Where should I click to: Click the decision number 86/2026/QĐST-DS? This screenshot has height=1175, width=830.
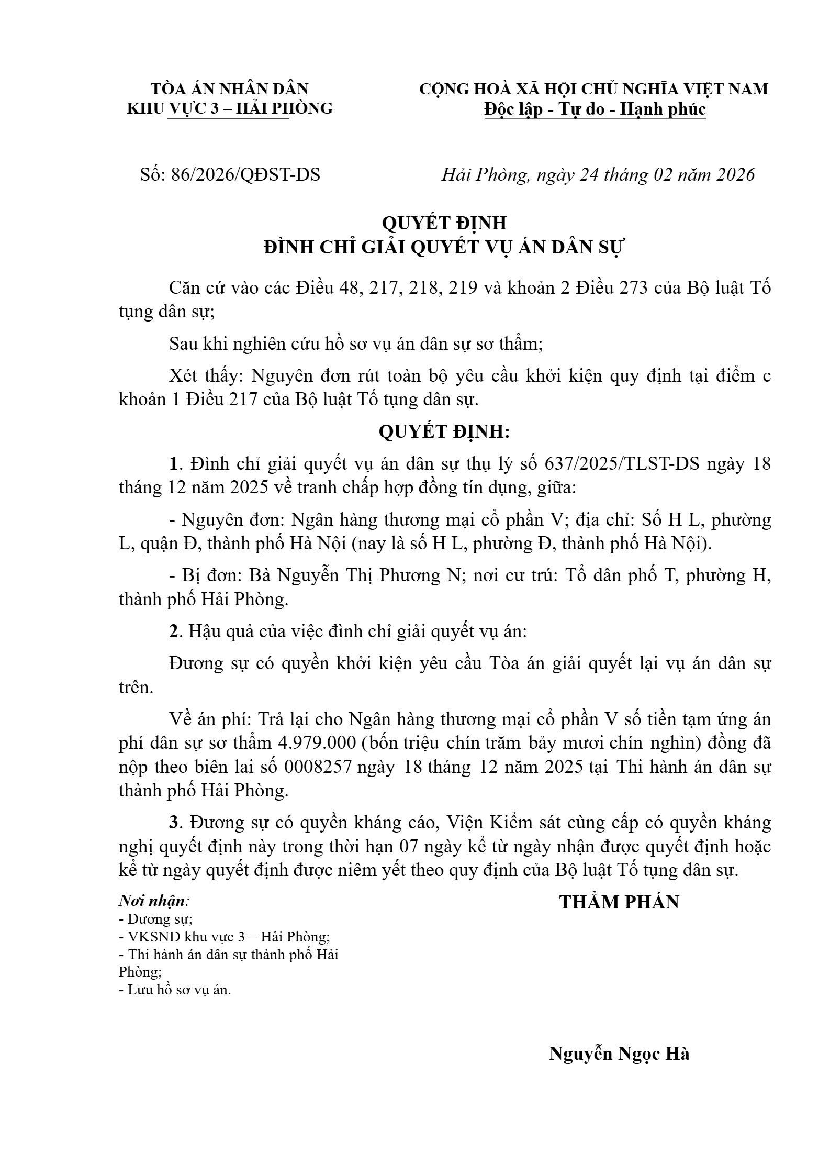[x=245, y=174]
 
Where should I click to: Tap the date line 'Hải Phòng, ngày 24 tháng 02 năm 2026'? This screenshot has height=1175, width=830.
[x=598, y=174]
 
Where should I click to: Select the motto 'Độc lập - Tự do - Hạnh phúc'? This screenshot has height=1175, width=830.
[x=595, y=109]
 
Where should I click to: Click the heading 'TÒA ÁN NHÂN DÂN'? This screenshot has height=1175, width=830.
[x=230, y=88]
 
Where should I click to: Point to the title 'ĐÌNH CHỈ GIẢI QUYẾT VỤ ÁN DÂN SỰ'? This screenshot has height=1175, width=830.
[x=444, y=247]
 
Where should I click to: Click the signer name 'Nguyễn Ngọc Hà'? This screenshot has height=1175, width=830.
[x=619, y=1054]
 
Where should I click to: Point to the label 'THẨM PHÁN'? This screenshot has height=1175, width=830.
[x=619, y=902]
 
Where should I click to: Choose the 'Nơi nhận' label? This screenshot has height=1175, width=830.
[x=153, y=901]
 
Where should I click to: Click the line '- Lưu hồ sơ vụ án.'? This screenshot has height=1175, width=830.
[x=175, y=990]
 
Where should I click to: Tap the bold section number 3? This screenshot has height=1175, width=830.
[x=174, y=823]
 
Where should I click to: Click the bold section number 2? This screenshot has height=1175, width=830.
[x=174, y=631]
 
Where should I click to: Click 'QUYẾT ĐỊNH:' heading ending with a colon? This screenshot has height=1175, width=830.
[x=444, y=431]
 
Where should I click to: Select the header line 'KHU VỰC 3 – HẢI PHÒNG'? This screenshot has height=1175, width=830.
[x=230, y=108]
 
